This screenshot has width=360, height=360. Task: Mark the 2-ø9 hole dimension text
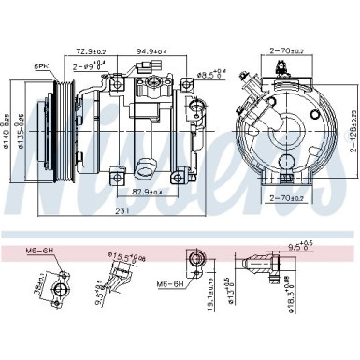point(89,66)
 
